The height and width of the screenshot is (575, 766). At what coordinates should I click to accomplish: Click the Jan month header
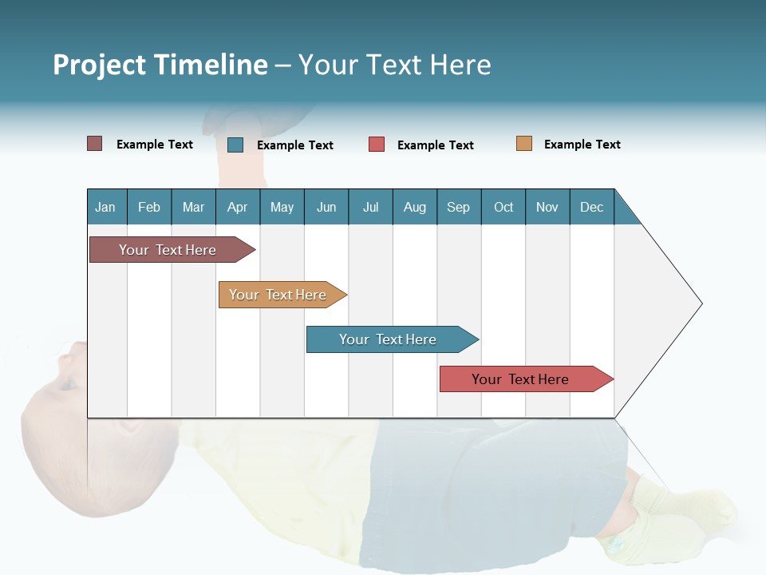(x=105, y=207)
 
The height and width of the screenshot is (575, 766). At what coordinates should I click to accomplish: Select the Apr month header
(x=237, y=207)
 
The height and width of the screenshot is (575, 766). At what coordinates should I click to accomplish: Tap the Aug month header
(x=414, y=207)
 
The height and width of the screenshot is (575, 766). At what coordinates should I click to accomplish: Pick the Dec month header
(x=591, y=207)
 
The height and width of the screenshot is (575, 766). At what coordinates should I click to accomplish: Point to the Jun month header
(x=326, y=207)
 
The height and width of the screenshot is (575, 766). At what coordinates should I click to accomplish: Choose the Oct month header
(x=503, y=207)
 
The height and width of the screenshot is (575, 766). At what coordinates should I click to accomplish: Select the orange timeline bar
(x=279, y=295)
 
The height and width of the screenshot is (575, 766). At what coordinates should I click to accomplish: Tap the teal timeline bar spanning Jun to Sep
(x=389, y=339)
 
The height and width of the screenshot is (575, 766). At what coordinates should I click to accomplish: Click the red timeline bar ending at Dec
(x=522, y=379)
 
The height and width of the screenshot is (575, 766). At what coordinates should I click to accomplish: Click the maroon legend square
(x=94, y=144)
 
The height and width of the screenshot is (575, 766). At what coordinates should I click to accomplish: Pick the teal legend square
(x=235, y=145)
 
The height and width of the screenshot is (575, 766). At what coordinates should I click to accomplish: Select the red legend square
(x=376, y=145)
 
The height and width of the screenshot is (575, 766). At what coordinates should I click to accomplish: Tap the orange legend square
(x=523, y=144)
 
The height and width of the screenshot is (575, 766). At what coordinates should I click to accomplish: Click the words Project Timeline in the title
(x=160, y=65)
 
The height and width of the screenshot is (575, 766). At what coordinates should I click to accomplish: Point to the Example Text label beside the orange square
(x=582, y=144)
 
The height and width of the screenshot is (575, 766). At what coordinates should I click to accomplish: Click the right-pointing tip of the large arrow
(x=700, y=303)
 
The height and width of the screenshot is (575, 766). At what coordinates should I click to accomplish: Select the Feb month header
(x=149, y=207)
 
